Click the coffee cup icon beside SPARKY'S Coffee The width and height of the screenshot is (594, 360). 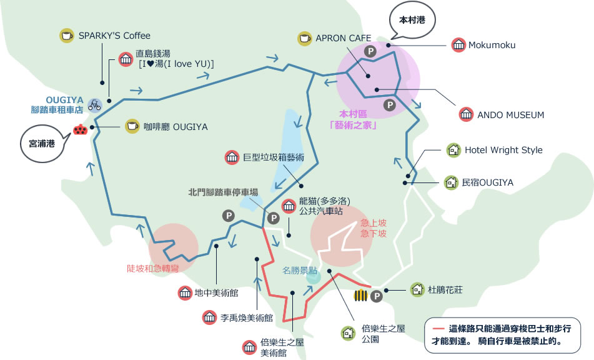click(67, 36)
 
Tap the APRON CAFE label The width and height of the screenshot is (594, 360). click(343, 38)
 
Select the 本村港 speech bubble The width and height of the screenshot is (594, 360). click(412, 21)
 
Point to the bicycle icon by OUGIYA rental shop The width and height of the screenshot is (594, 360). click(95, 105)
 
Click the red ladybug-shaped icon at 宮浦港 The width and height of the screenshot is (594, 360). click(81, 129)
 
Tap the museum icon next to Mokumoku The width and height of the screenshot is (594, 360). click(458, 45)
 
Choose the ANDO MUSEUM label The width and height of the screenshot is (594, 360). click(511, 115)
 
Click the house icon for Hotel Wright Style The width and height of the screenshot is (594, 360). click(453, 150)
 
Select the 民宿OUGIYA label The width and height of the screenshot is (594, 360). click(488, 182)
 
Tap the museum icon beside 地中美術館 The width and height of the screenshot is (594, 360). click(186, 293)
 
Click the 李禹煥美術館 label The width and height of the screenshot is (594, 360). click(247, 318)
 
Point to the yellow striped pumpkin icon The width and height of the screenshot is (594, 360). click(360, 296)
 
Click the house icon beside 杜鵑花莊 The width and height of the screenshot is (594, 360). click(417, 290)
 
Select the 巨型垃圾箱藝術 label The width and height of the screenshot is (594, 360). click(274, 157)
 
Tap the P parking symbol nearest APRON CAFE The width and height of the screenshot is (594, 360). click(370, 51)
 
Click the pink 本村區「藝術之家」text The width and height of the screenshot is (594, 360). click(353, 119)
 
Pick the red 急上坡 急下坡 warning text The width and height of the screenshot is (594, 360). click(374, 228)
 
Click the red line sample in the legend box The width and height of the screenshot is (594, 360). click(440, 329)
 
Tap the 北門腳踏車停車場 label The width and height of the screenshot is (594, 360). click(223, 192)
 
